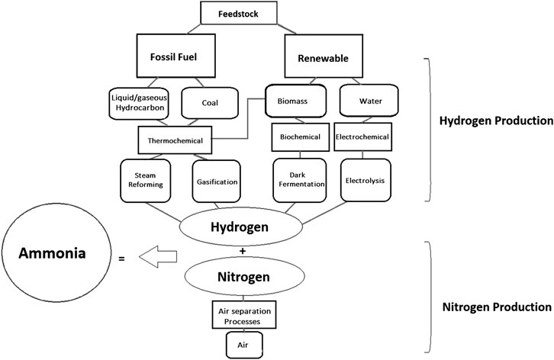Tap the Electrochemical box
tap(362, 137)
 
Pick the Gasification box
tap(216, 182)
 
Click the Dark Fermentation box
tap(300, 181)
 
